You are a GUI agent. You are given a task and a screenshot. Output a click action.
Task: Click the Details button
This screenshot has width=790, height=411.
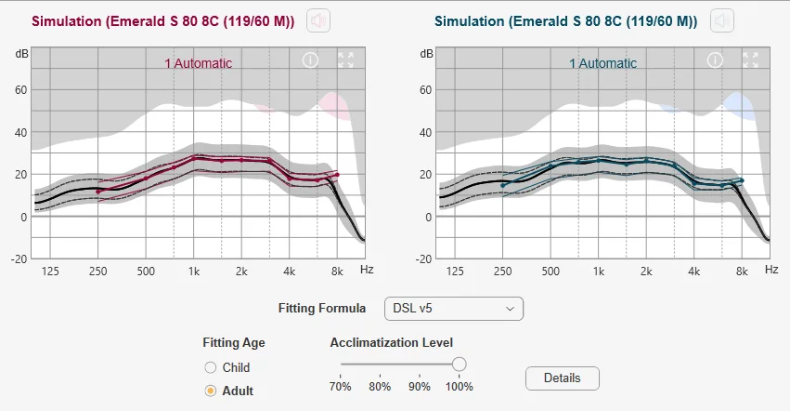[x=563, y=378]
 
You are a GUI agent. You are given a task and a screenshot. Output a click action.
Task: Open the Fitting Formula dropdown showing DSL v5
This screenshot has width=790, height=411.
[x=453, y=309]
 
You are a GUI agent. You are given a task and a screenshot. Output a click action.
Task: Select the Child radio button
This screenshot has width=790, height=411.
[x=211, y=367]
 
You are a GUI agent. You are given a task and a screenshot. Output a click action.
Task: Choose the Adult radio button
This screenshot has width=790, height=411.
[x=211, y=391]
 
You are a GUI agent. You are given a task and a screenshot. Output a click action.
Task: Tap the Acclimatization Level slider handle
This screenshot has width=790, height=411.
[x=459, y=365]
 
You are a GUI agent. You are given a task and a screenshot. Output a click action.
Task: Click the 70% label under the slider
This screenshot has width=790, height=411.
[x=340, y=387]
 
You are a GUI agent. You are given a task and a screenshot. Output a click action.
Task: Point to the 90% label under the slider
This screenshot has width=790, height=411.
[x=420, y=387]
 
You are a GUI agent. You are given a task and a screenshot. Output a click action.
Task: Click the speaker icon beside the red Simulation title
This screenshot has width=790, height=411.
[x=318, y=20]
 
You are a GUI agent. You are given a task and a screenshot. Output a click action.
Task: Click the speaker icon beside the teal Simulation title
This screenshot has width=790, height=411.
[x=722, y=20]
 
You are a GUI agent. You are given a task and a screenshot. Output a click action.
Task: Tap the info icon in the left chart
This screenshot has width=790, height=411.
[x=310, y=60]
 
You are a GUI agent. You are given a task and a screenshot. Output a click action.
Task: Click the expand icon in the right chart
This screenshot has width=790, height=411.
[x=750, y=60]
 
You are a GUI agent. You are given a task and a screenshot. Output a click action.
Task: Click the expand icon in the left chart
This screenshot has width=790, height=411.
[x=345, y=60]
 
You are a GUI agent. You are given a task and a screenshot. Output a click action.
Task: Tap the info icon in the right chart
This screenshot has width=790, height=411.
[x=715, y=60]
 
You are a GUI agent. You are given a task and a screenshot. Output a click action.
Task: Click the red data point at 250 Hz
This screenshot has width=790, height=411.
[x=98, y=192]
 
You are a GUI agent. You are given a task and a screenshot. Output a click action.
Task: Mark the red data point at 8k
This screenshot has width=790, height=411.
[x=337, y=175]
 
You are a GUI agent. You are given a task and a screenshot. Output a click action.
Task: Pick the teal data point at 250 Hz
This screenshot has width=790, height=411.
[x=503, y=185]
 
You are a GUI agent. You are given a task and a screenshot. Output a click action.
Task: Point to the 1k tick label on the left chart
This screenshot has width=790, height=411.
[x=194, y=272]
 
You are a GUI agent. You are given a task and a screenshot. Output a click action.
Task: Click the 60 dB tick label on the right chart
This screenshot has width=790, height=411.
[x=426, y=90]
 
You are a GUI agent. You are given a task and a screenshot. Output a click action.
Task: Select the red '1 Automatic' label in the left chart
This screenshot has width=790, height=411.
[x=198, y=63]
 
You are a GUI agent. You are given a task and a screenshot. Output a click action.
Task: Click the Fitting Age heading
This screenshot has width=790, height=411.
[x=234, y=343]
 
